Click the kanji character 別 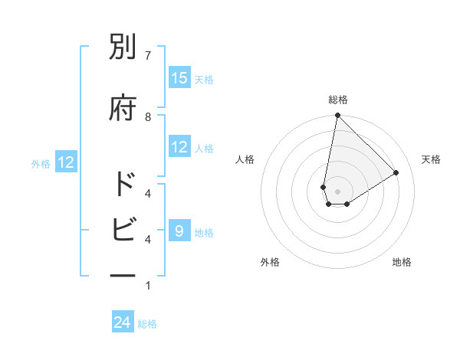pos(123,49)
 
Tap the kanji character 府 pos(123,108)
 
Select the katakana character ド pos(123,185)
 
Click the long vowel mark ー pos(123,273)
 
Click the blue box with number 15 pos(179,78)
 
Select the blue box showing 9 pos(179,231)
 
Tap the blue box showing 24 pos(123,323)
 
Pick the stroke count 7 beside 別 pos(148,55)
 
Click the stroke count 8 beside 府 pos(148,116)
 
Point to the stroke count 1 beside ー pos(148,286)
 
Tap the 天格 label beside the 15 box pos(204,80)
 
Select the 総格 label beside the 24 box pos(147,325)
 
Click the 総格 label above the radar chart pos(337,100)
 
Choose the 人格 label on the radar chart pos(245,159)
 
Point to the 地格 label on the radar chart pos(402,262)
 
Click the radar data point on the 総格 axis pos(337,116)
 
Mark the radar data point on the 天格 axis pos(396,172)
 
